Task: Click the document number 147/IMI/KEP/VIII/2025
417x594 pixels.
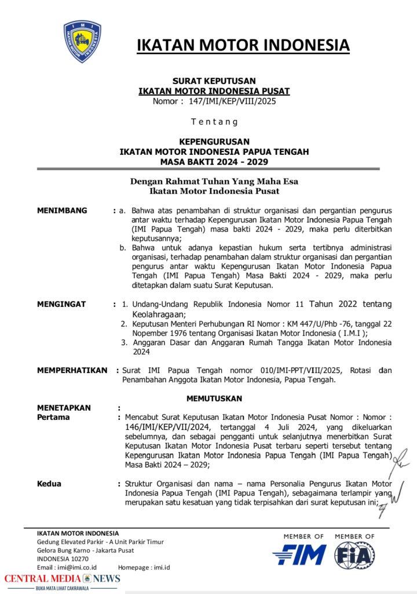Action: pos(230,101)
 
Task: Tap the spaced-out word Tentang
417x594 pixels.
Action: pos(214,121)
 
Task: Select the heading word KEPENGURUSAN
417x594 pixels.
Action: pos(214,141)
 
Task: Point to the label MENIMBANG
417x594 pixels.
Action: pos(62,210)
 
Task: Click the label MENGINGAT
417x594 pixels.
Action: pos(61,303)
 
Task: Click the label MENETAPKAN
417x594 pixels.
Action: pos(64,408)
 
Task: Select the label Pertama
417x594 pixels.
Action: pos(53,417)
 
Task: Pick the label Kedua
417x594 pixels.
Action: pos(49,483)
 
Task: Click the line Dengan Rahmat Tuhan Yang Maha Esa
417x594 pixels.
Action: pos(214,181)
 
